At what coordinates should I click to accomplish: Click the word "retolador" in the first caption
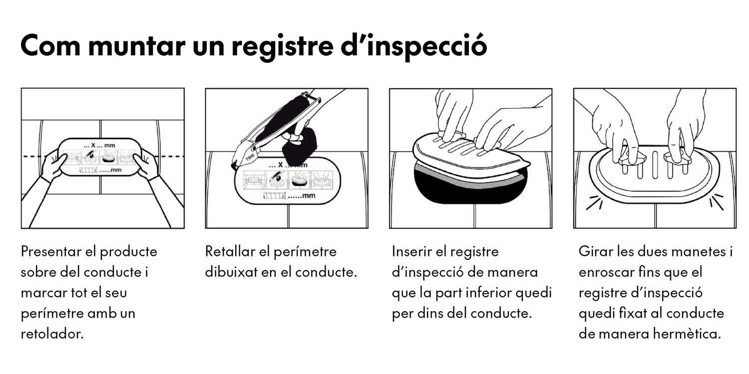pos(51,334)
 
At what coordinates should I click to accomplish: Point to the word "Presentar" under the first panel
pos(49,251)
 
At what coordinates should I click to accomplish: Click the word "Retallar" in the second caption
pos(229,251)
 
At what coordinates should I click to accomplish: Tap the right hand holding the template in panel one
pos(147,165)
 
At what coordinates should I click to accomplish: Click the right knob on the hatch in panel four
pos(677,159)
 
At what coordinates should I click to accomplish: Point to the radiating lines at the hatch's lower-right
pos(716,202)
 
